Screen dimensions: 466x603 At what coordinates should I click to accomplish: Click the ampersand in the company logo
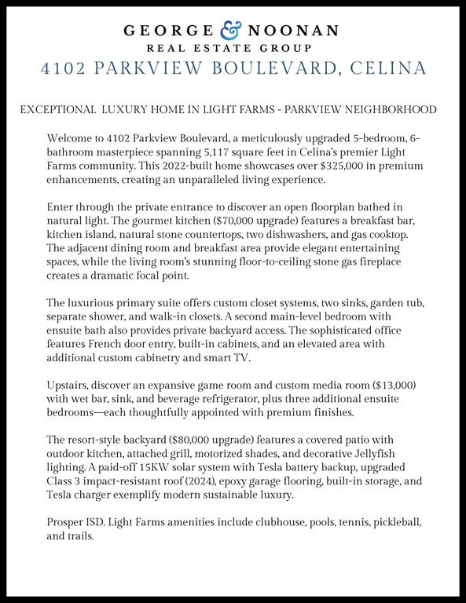pyautogui.click(x=232, y=31)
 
